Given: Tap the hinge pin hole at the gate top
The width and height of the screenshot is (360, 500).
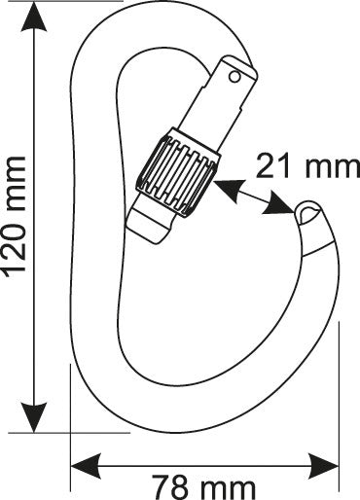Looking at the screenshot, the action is coord(234,70).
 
